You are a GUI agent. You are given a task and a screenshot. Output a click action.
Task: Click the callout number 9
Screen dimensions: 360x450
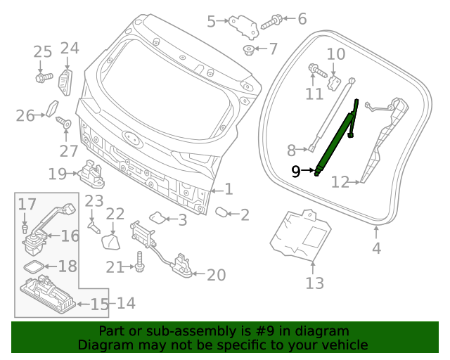(x=295, y=171)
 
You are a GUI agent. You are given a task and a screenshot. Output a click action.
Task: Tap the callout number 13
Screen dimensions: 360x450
(x=314, y=283)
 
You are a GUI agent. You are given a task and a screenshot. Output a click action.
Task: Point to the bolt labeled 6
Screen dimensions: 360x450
(x=273, y=22)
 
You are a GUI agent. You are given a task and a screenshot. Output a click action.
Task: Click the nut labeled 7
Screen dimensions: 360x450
(x=247, y=49)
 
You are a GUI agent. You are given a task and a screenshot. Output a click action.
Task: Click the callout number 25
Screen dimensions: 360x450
(x=43, y=51)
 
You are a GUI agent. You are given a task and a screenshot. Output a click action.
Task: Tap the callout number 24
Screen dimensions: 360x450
(x=70, y=49)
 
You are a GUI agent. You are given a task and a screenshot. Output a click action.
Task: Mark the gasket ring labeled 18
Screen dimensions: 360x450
(x=32, y=266)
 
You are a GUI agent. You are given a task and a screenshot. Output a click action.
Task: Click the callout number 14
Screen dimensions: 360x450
(x=126, y=304)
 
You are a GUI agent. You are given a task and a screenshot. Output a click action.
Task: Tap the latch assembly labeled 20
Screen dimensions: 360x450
(x=181, y=268)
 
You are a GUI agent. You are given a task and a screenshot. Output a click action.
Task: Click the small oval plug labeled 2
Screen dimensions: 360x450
(x=219, y=211)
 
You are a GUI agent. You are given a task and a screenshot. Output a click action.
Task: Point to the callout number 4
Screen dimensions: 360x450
(x=376, y=247)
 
